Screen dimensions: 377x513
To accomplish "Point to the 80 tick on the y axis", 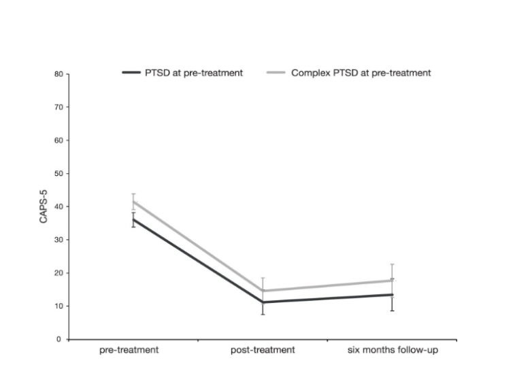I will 59,74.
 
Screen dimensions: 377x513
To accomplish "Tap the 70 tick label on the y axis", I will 59,107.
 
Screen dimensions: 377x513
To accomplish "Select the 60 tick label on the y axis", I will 59,141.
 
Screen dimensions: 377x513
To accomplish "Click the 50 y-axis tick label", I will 59,174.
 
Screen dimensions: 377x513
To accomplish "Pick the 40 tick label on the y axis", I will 59,207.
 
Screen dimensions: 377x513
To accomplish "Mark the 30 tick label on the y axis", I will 59,240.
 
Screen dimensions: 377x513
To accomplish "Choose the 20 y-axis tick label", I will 59,273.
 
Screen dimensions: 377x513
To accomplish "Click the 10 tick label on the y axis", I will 59,306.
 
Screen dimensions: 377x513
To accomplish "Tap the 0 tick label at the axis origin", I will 61,339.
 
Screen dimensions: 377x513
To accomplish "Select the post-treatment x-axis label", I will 263,351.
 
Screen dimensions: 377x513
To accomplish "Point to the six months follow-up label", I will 392,351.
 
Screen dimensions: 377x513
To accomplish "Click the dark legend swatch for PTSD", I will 131,73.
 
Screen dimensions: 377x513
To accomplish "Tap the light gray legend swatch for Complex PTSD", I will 276,73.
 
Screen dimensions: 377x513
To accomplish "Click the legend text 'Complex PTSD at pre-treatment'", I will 361,73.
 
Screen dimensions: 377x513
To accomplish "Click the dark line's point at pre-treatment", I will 134,219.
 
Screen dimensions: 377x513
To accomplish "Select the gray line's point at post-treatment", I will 263,291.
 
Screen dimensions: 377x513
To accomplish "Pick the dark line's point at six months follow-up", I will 393,295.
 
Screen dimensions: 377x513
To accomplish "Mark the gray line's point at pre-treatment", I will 134,202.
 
